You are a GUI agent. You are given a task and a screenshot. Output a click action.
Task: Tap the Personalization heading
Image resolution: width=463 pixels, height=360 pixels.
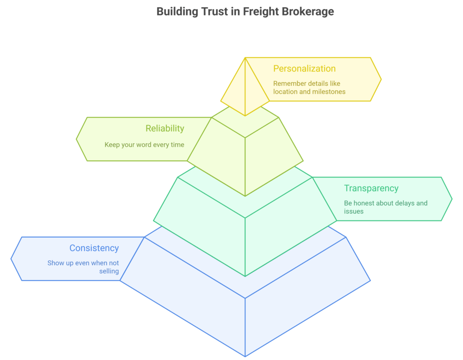click(304, 69)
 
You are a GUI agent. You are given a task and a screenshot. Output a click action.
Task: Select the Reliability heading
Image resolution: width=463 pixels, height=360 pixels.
click(165, 128)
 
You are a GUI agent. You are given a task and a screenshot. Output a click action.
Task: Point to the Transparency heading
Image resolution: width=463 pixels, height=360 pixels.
click(371, 188)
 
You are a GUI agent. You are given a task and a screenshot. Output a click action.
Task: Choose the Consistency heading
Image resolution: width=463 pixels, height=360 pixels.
click(94, 248)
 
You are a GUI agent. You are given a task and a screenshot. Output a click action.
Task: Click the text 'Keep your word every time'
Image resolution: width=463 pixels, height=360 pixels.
click(144, 145)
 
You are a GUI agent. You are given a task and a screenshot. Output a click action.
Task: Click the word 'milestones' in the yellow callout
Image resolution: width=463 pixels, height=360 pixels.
click(328, 92)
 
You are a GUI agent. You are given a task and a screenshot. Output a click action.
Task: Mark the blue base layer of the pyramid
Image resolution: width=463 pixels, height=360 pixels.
click(245, 312)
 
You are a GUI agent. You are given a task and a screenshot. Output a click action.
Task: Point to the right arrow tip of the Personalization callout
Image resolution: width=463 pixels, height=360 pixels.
click(380, 79)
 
